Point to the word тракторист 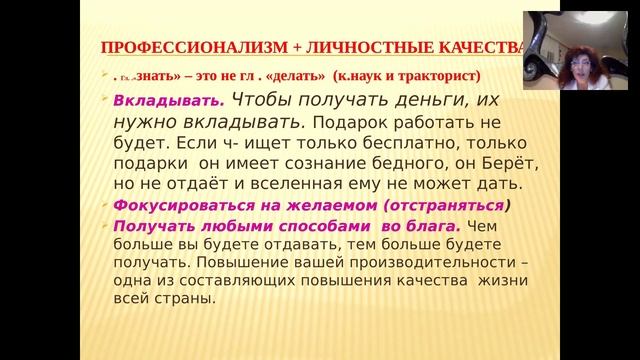pos(441,75)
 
